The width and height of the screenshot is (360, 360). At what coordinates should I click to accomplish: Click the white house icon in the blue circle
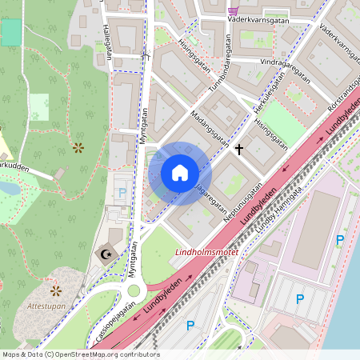point(180,173)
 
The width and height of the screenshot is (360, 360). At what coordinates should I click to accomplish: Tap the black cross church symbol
point(238,149)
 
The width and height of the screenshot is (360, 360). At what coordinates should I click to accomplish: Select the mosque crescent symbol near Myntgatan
point(106,254)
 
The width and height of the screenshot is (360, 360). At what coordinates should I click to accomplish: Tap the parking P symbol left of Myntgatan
point(122,193)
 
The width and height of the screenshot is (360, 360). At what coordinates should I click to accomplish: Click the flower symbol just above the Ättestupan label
point(56,290)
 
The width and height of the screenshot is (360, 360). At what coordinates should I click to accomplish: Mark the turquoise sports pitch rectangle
point(11,32)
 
